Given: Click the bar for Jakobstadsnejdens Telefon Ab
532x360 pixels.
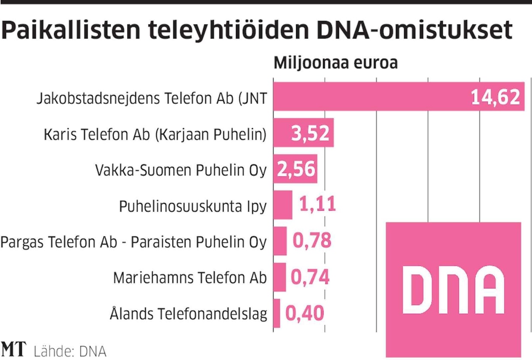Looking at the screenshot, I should [x=369, y=97].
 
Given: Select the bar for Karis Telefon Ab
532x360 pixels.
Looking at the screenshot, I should [x=283, y=133].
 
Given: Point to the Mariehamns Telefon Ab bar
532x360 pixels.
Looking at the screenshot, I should [x=279, y=277].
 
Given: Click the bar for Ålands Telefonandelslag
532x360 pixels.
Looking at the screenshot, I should [x=277, y=313].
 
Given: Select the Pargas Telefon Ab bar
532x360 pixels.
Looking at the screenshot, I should [x=280, y=241].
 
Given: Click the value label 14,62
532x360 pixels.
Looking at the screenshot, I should [x=496, y=97].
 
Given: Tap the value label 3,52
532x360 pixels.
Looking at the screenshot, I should [x=311, y=133].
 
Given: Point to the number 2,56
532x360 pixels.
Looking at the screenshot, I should [x=296, y=169].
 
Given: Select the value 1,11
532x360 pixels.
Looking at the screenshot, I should [x=317, y=205].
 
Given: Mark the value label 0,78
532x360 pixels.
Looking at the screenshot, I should [x=311, y=241].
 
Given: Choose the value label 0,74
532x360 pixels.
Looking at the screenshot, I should [x=310, y=277].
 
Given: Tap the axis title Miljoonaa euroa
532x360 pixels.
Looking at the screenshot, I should [x=336, y=63].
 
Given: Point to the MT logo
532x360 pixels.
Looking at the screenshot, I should [x=14, y=350].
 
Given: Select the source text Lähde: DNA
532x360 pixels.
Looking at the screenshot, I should [x=69, y=351].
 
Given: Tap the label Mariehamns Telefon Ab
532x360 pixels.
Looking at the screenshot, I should [x=190, y=278].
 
